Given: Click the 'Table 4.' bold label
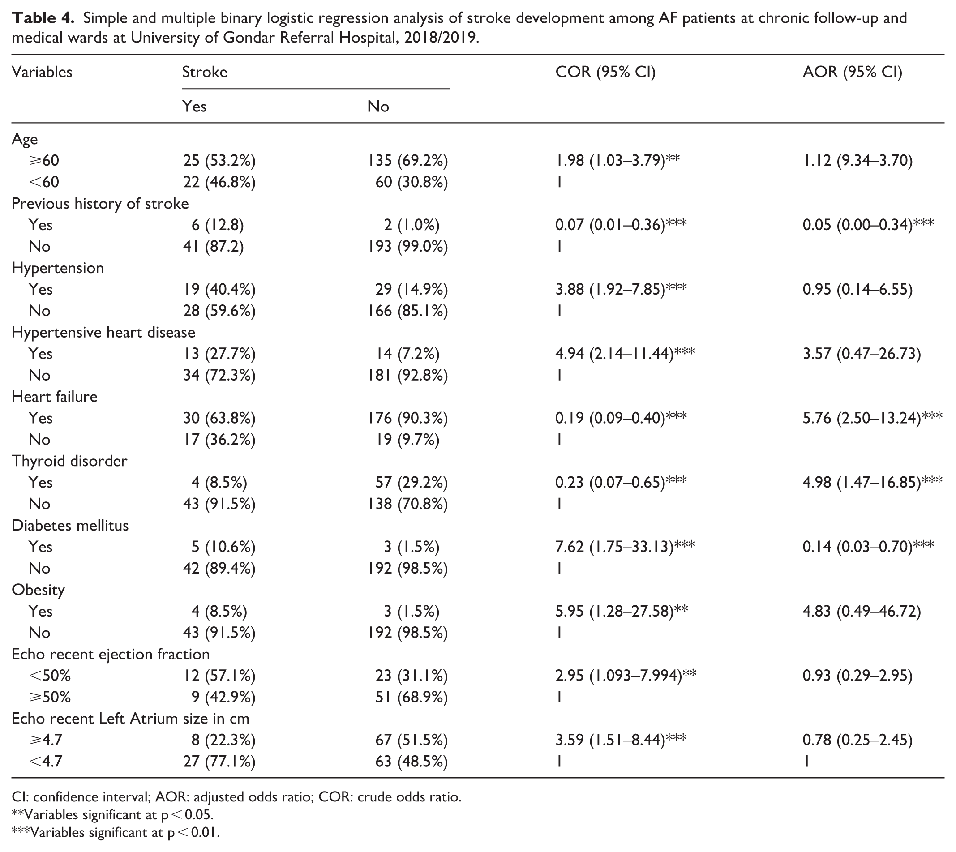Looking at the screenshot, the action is pos(43,18).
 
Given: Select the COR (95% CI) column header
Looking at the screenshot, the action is pos(605,72).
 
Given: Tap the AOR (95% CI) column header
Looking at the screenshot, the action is pos(852,72).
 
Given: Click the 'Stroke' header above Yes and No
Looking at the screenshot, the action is pos(205,72).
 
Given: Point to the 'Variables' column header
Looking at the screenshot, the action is pos(42,72).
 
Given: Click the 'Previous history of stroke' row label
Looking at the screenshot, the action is pos(100,203).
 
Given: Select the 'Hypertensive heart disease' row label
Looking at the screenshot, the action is pos(103,332).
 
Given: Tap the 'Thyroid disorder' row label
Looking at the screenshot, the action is pos(69,461).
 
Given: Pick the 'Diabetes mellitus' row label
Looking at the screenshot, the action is pos(70,525).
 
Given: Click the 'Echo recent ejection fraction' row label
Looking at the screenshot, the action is pos(111,654).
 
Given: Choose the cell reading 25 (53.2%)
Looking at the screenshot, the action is pos(219,161).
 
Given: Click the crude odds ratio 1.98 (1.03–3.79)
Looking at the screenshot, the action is pos(617,161).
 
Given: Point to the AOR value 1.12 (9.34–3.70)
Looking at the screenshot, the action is pos(857,161).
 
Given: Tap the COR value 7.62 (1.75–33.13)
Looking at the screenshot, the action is pos(625,546).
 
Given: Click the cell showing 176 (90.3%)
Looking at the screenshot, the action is pos(408,418).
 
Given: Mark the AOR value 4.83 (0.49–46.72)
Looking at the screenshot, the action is pos(862,611).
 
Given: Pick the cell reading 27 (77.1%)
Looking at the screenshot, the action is pos(219,762).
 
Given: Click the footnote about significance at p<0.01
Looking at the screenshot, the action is pos(115,832).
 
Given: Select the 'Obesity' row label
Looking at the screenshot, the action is pos(38,590).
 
